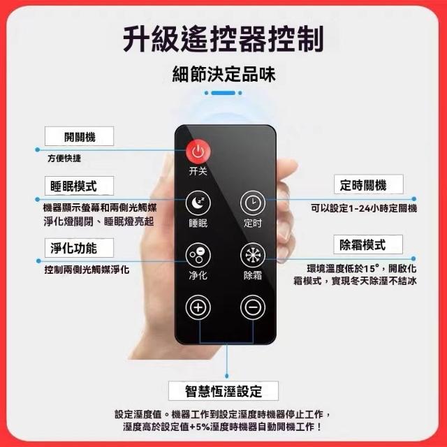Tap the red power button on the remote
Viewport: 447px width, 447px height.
tap(198, 152)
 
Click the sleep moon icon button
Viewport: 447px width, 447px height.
tap(198, 203)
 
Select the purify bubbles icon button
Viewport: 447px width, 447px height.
tap(198, 255)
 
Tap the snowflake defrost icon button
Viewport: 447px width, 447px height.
tap(253, 255)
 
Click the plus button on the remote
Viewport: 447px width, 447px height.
tap(198, 307)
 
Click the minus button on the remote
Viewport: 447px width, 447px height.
tap(253, 307)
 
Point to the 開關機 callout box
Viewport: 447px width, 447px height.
tap(79, 136)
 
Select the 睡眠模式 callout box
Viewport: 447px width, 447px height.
tap(79, 186)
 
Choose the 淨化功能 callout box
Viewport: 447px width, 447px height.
tap(79, 248)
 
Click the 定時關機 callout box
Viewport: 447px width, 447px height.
tap(369, 184)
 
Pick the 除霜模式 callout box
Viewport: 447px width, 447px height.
tap(368, 244)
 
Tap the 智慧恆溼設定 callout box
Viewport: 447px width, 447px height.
tap(223, 391)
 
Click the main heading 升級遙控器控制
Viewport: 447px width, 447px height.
tap(223, 39)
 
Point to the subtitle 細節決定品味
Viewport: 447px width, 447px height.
tap(223, 75)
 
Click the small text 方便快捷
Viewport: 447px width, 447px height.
tap(64, 159)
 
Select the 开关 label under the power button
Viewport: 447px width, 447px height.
tap(198, 171)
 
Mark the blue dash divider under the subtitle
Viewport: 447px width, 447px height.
tap(223, 93)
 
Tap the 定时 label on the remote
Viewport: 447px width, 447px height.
tap(253, 223)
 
